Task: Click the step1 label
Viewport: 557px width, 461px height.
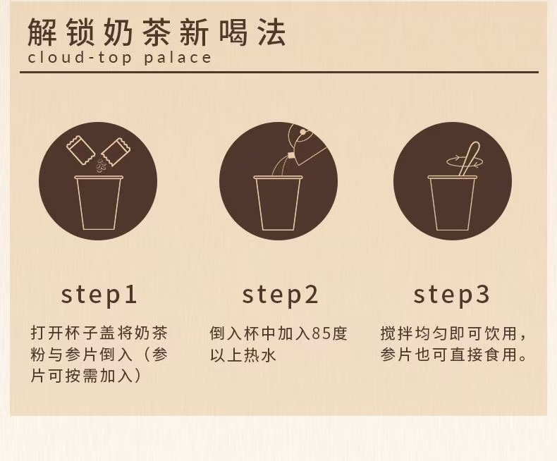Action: click(x=99, y=295)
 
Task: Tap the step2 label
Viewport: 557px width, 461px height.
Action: click(x=280, y=295)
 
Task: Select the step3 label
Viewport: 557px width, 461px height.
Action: click(x=451, y=295)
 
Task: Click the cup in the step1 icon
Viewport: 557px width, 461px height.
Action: click(x=99, y=202)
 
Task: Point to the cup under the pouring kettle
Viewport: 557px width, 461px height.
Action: click(x=278, y=202)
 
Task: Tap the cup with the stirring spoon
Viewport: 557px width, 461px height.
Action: click(x=452, y=202)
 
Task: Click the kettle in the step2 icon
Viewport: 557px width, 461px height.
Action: click(x=307, y=145)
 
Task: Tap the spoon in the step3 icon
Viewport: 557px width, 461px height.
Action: click(x=469, y=158)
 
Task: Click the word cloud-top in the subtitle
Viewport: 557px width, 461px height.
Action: click(x=80, y=58)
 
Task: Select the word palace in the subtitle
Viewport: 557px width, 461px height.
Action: click(x=178, y=58)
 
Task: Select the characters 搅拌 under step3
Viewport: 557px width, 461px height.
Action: click(x=396, y=333)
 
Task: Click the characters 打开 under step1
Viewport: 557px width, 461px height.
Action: click(x=47, y=333)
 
